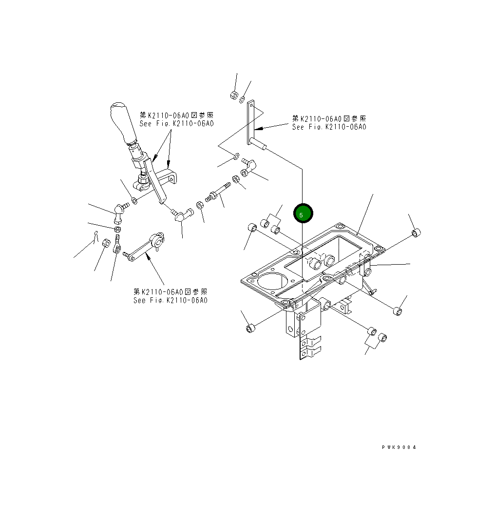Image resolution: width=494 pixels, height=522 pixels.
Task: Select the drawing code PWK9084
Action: [x=399, y=447]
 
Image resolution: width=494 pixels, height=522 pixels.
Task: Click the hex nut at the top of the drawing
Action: [x=233, y=95]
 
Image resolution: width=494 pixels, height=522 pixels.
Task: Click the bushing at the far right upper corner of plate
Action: [x=416, y=233]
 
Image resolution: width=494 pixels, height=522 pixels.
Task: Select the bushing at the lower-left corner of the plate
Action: [x=250, y=328]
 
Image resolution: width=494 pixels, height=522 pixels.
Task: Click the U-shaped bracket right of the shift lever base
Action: [x=171, y=176]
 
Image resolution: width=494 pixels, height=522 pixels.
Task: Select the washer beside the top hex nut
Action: [x=242, y=99]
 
